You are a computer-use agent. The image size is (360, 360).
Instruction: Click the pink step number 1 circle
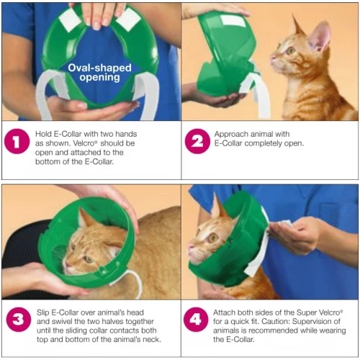15,143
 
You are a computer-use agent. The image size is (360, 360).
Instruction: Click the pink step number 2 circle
197,143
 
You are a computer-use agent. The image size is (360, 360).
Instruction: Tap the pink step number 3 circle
15,321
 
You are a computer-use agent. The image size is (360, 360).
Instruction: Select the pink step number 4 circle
197,321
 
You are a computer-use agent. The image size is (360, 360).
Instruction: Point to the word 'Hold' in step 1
43,134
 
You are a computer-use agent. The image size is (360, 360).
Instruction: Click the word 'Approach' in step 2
235,134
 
